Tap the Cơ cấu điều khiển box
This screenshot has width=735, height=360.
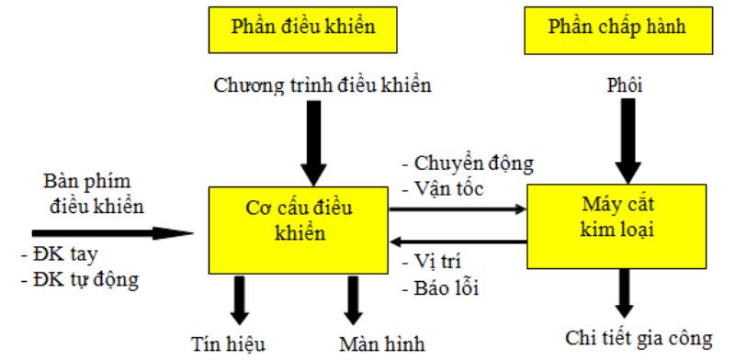tap(298, 218)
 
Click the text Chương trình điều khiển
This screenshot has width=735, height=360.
tap(322, 86)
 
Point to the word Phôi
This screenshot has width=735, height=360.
tap(625, 86)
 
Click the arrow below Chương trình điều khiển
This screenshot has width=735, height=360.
tap(313, 142)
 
